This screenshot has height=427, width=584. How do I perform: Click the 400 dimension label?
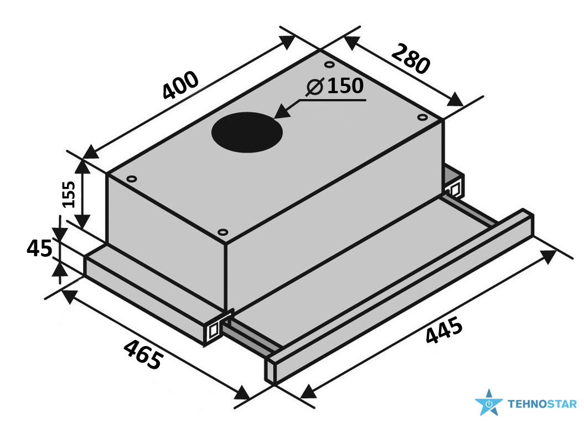(180, 85)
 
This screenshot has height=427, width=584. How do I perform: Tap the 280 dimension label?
(410, 59)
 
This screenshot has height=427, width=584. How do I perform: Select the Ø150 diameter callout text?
(334, 86)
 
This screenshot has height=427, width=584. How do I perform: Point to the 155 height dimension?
(69, 194)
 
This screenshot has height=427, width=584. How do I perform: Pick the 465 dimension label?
(143, 354)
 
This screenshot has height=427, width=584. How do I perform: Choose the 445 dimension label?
(444, 329)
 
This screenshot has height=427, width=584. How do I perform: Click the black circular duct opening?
(246, 133)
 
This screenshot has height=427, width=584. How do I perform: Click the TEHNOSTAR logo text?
(542, 404)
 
